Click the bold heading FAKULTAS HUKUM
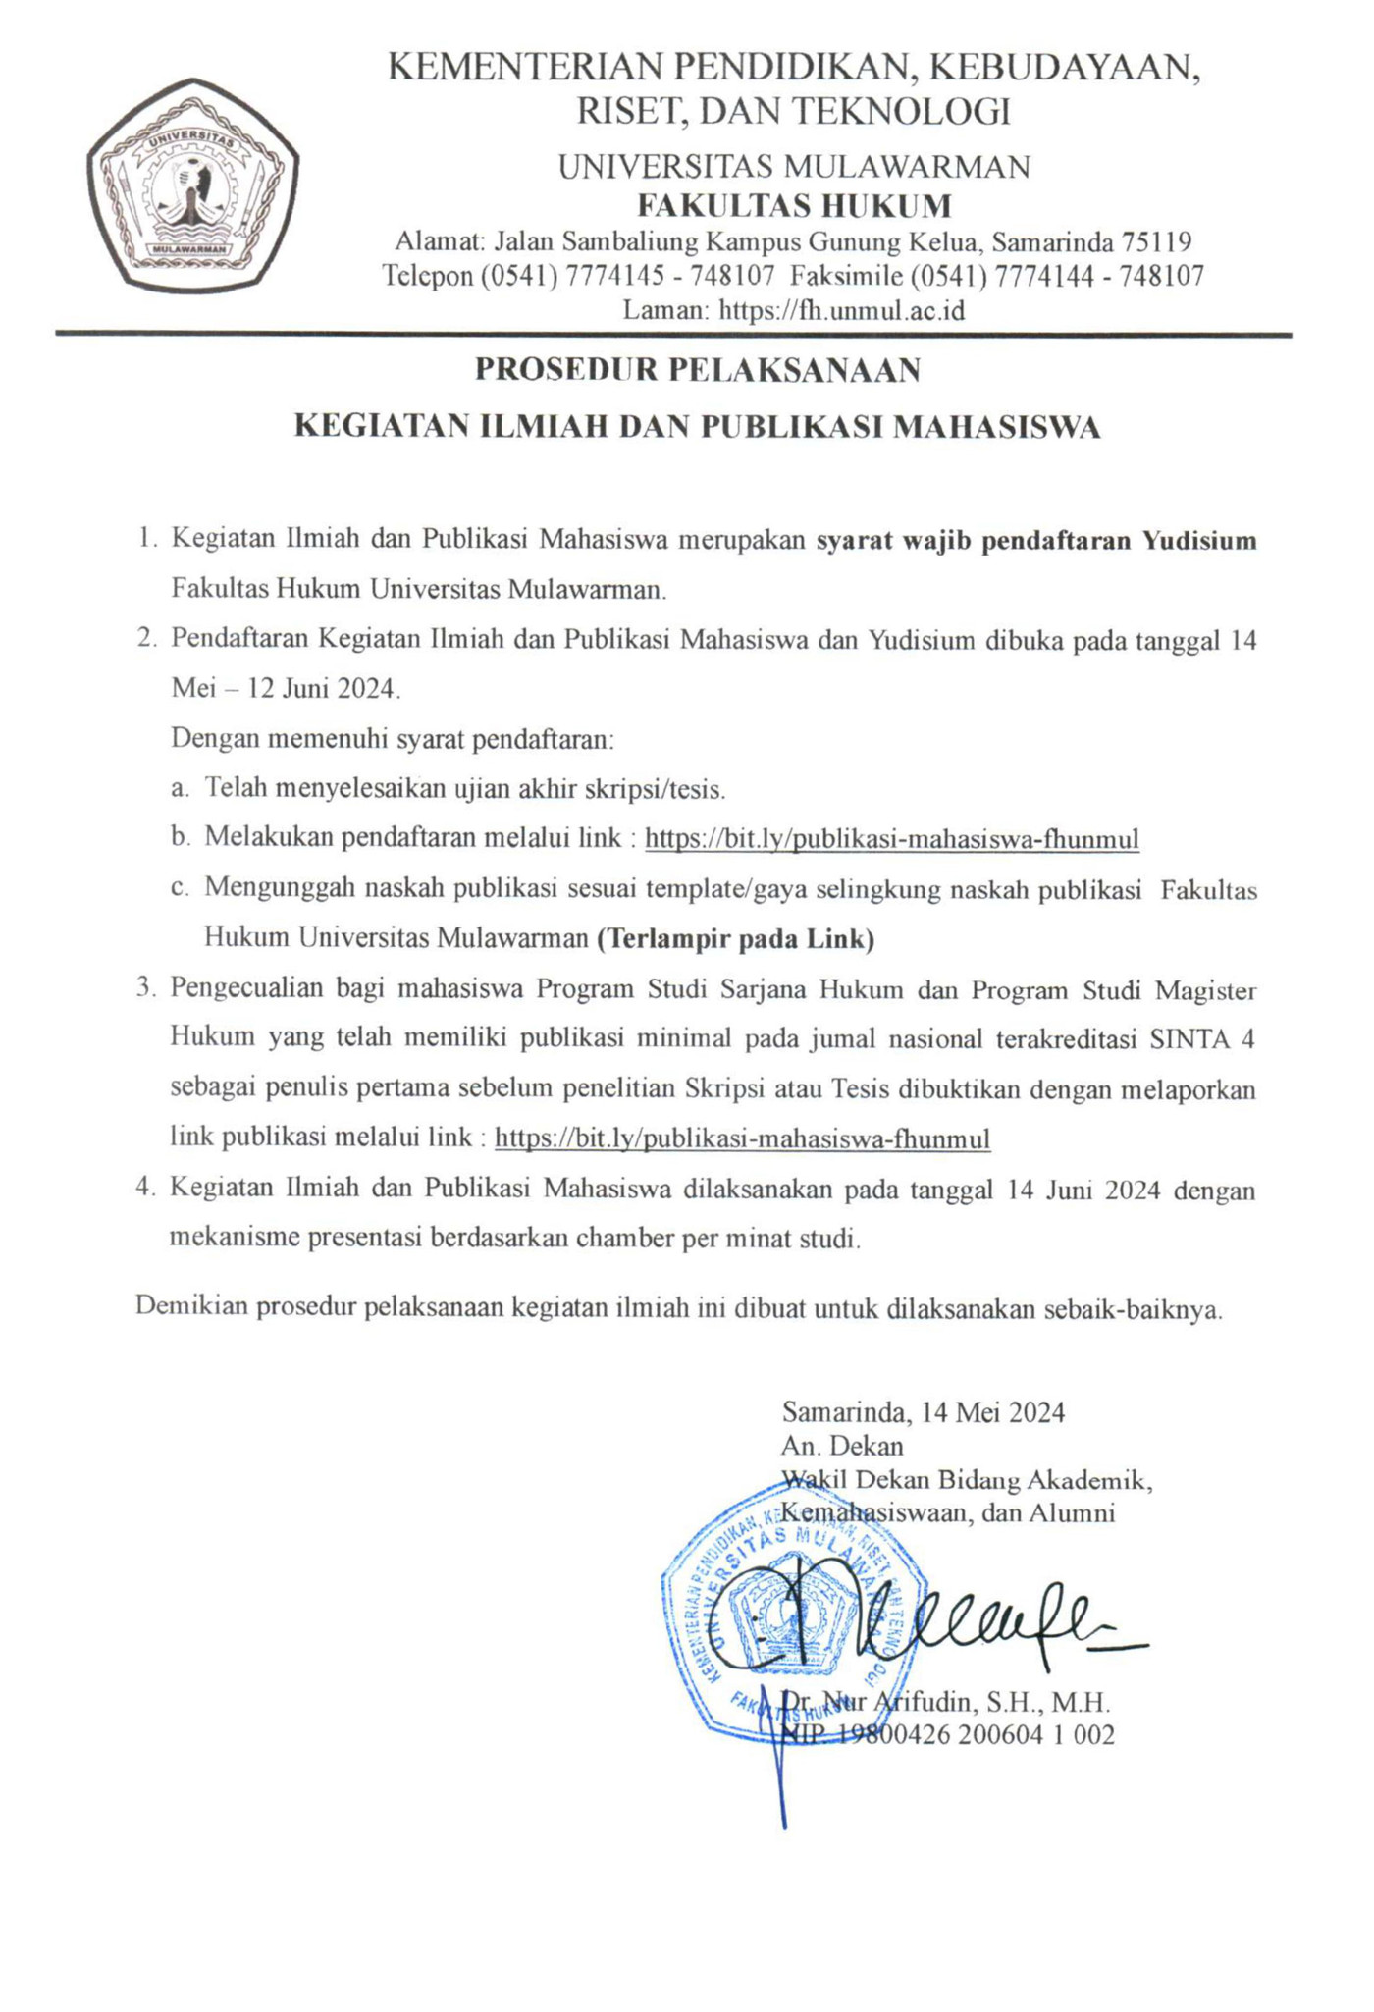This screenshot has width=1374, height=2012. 794,206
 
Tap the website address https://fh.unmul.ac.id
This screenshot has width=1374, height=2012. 842,311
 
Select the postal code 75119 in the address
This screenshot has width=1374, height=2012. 1157,241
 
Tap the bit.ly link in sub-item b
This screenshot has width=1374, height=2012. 892,839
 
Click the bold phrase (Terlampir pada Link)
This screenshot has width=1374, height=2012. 736,939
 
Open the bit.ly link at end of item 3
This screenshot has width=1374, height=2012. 743,1138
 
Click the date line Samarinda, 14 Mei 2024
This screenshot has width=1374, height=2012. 923,1412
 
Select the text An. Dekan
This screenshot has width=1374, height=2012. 842,1446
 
